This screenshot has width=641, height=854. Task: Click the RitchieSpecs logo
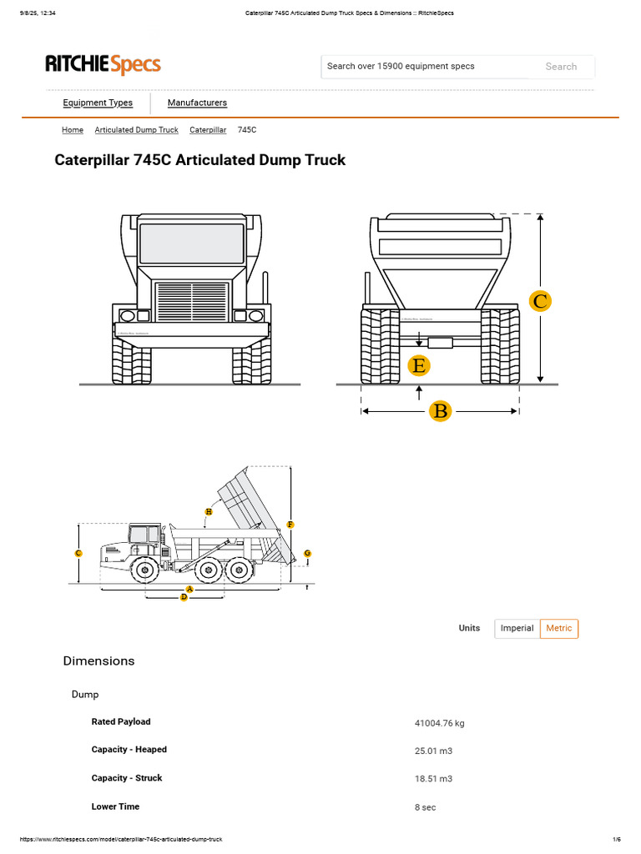103,64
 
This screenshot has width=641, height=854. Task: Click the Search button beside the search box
561,67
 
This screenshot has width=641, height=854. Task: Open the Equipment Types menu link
98,103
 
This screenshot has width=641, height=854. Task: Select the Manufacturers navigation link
197,103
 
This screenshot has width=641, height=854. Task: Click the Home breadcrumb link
73,130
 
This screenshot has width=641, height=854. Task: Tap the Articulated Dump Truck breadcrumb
136,130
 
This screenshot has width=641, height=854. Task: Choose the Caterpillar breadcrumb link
208,130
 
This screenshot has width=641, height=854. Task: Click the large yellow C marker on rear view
541,301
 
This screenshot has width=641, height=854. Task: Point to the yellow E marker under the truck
419,365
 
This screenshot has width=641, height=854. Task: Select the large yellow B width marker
440,410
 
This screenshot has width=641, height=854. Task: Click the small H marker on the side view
208,510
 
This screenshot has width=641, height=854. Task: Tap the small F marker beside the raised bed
290,525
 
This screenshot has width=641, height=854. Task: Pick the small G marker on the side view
307,553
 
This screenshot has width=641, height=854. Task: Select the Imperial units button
517,628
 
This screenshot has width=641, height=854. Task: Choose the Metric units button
559,628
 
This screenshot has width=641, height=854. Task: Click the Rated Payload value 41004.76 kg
439,723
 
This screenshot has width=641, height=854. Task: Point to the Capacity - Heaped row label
129,750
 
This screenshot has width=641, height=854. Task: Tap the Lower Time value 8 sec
425,807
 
